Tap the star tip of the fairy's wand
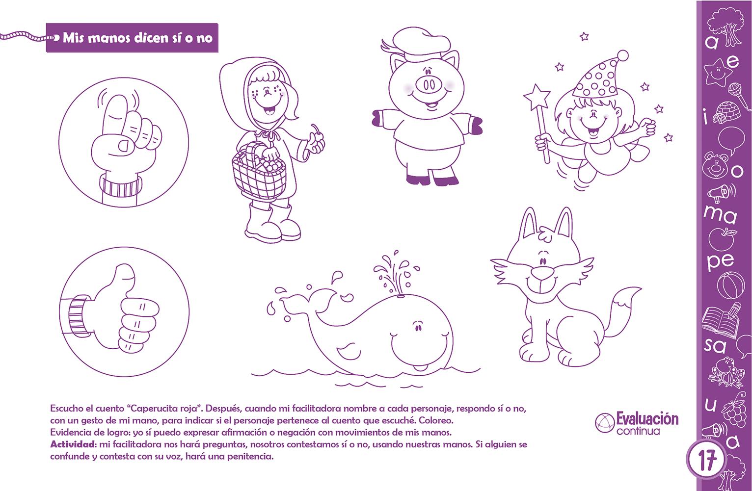[537, 97]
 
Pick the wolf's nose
[543, 273]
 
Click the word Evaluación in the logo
[647, 419]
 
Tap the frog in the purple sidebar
[726, 372]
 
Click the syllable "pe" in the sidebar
[721, 262]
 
